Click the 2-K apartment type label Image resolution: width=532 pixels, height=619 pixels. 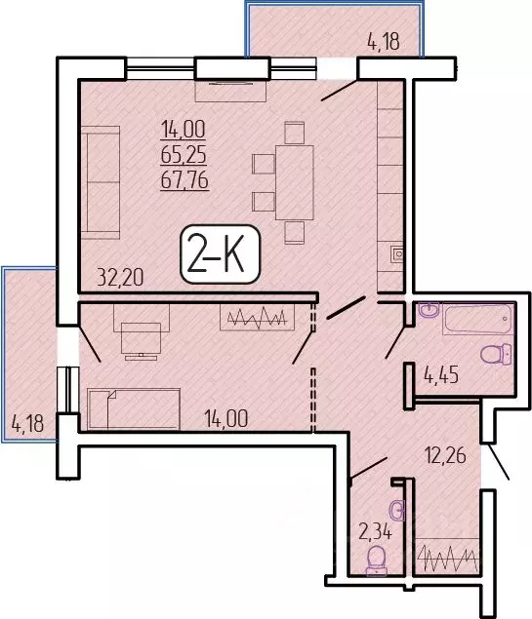tap(221, 255)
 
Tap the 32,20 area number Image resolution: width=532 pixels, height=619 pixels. tap(121, 277)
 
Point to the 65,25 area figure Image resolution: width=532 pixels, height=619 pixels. tap(186, 153)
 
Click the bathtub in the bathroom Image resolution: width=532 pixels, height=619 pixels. tap(477, 319)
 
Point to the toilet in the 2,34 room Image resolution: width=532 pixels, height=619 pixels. tap(376, 559)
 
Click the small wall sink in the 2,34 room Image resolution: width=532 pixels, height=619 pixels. tap(394, 508)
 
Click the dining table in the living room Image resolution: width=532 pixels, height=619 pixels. tap(294, 182)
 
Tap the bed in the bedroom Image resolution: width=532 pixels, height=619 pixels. tap(133, 408)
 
